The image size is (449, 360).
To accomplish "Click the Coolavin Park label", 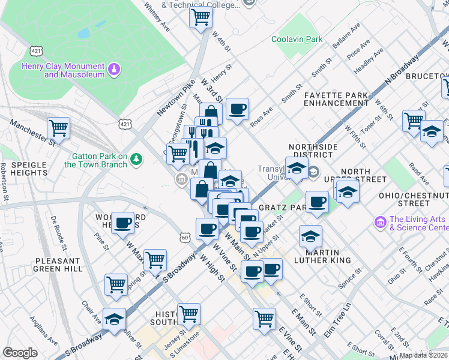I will tap(297, 39).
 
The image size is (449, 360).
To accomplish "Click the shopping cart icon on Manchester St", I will tap(58, 127).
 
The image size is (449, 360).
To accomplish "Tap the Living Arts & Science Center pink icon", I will tap(379, 223).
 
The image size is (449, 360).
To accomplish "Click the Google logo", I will tap(20, 353).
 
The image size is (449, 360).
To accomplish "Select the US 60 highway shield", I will tap(185, 238).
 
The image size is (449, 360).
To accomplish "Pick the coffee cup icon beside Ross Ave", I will tap(237, 109).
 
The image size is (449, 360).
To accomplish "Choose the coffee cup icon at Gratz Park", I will tap(317, 202).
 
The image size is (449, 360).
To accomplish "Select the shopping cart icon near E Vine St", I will tap(264, 319).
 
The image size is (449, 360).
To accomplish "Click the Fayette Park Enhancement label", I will tap(335, 99).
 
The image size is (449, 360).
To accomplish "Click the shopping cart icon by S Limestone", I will tap(188, 313).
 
